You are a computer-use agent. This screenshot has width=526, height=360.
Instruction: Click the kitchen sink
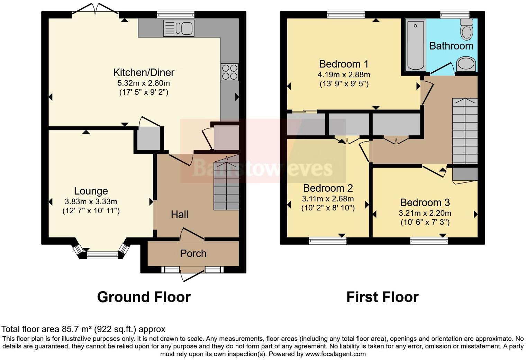click(179, 28)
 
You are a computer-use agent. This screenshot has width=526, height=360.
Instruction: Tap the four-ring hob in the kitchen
click(230, 72)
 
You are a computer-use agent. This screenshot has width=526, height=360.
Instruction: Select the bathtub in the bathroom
click(415, 45)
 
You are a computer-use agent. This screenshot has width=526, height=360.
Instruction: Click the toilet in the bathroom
click(467, 29)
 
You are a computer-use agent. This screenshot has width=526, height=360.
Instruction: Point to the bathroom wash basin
click(466, 64)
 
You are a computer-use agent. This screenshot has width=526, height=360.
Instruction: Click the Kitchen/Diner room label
click(144, 72)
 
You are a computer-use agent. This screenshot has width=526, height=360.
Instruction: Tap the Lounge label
click(91, 191)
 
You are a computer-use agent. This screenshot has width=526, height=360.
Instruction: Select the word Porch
click(193, 253)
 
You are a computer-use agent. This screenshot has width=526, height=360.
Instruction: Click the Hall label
click(180, 214)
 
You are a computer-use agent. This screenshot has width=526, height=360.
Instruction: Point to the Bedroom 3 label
click(425, 202)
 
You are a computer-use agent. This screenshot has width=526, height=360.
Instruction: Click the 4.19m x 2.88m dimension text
click(344, 75)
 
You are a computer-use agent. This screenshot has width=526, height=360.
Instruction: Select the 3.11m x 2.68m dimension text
click(328, 199)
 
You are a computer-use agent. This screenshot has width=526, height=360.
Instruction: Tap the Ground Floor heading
click(144, 297)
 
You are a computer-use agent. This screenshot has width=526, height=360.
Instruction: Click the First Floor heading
click(382, 297)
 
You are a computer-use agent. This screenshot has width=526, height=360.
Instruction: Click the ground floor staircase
click(226, 182)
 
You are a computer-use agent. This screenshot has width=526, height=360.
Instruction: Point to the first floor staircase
click(465, 131)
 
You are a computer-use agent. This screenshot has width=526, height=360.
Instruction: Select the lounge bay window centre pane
click(102, 255)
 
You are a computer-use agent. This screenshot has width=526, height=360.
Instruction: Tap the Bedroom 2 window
click(328, 241)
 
